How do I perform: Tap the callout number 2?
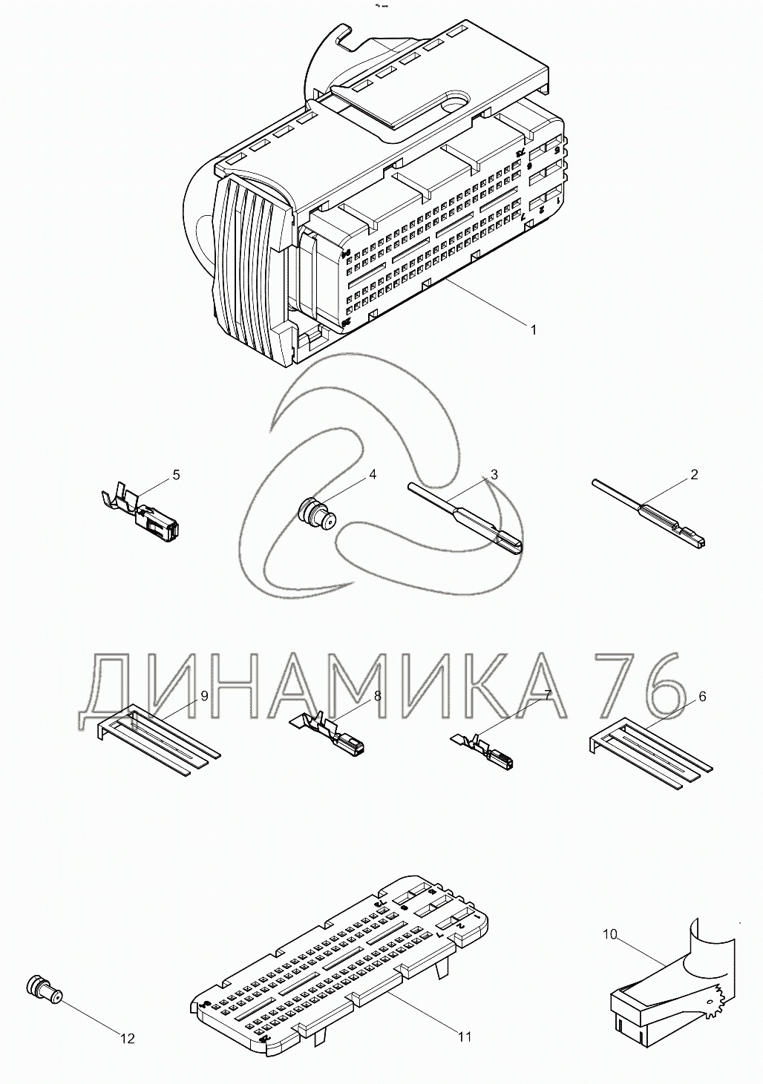[694, 475]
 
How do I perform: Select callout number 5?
[176, 475]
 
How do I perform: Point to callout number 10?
[609, 935]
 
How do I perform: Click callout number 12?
[128, 1039]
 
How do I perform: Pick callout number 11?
[464, 1037]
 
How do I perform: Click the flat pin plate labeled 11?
[341, 965]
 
